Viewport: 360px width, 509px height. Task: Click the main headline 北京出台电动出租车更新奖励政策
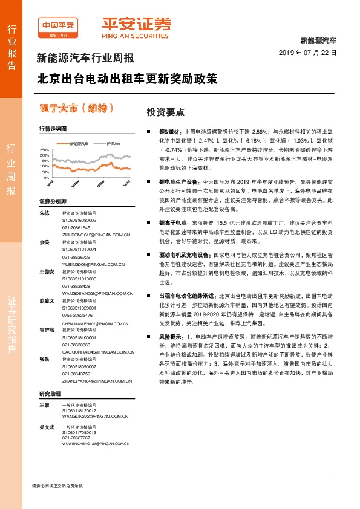click(x=126, y=79)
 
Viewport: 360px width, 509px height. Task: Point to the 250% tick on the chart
click(x=44, y=148)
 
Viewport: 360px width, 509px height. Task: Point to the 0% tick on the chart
click(x=46, y=178)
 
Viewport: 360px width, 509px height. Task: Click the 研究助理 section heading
click(x=50, y=394)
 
